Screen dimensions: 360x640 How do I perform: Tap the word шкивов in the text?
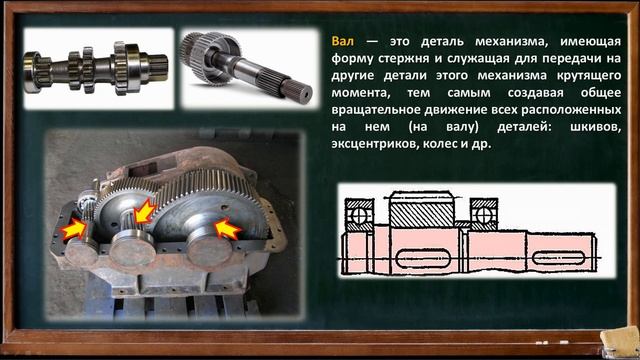(x=579, y=127)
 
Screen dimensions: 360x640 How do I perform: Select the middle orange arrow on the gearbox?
(x=144, y=213)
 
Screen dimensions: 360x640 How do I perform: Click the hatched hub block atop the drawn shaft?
(x=421, y=213)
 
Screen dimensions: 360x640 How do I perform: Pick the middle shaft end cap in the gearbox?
(x=130, y=244)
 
